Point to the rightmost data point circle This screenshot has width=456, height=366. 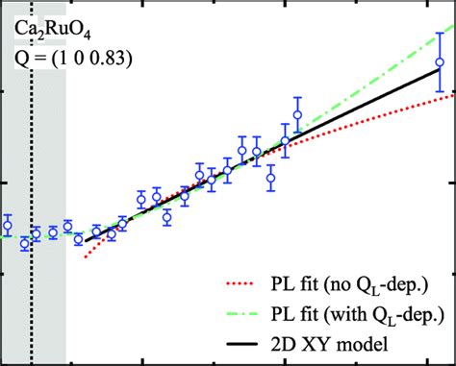click(x=440, y=63)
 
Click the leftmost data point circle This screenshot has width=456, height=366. click(x=7, y=226)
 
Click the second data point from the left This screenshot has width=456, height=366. click(x=25, y=244)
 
